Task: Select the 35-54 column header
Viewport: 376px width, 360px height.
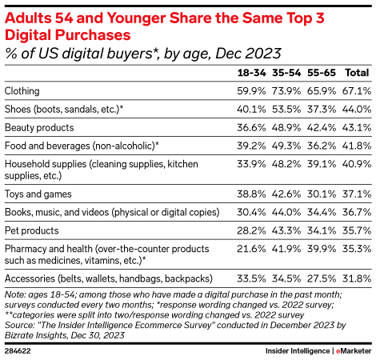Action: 285,72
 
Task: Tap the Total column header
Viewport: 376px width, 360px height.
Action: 355,72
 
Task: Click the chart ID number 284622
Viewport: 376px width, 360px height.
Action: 18,350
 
